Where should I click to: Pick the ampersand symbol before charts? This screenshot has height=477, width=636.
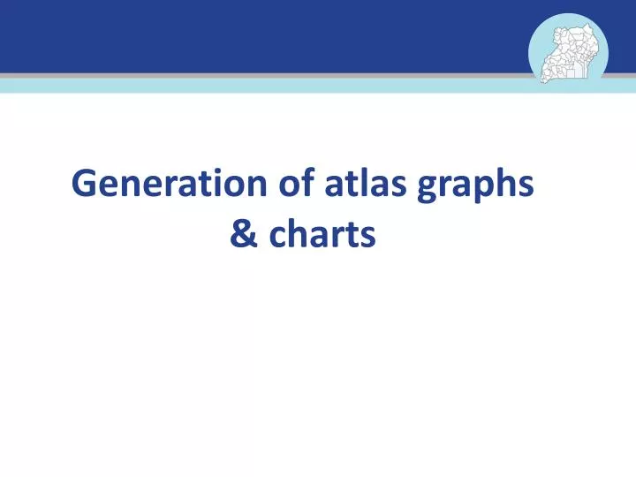pos(240,236)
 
